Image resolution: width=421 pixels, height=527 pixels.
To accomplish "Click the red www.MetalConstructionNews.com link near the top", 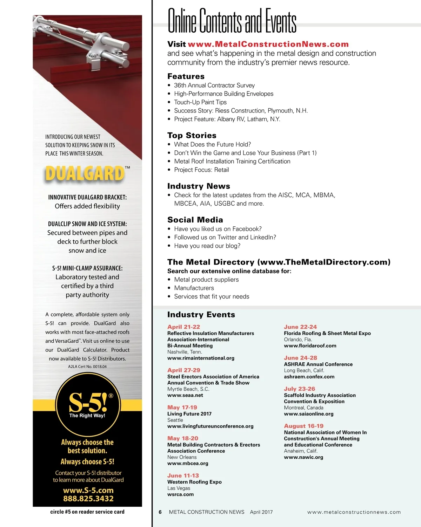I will coord(268,44).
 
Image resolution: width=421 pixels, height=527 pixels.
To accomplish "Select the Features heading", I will coord(186,76).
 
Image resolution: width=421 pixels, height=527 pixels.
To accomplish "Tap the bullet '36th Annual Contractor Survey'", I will coord(214,85).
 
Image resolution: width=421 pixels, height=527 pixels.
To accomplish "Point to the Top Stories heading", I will coord(192,136).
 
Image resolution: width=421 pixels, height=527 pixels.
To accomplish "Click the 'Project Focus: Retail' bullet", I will coord(201,170).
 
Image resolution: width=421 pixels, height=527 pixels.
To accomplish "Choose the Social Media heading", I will coord(195,220).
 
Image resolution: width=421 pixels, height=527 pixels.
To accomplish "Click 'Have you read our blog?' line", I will coord(207,246).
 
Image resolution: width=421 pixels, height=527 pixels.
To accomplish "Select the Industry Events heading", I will coord(201,315).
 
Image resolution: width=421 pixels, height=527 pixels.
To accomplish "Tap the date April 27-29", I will coord(183,370).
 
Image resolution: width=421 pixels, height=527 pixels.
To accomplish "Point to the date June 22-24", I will coord(300,327).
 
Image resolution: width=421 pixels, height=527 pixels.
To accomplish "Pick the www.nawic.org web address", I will coord(303,457).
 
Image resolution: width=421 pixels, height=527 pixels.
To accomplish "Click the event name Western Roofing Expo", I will coord(194,482).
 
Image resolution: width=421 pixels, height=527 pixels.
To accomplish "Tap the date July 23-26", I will coord(299,389).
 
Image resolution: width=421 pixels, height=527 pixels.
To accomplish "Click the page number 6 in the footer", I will coord(160,512).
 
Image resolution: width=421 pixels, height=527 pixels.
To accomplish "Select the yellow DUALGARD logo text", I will coord(85,174).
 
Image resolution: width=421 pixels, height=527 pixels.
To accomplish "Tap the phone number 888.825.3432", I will coord(88,499).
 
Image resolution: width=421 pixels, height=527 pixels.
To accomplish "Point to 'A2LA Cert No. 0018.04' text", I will coord(87,367).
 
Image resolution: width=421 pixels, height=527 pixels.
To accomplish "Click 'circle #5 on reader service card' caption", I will coord(87,512).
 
